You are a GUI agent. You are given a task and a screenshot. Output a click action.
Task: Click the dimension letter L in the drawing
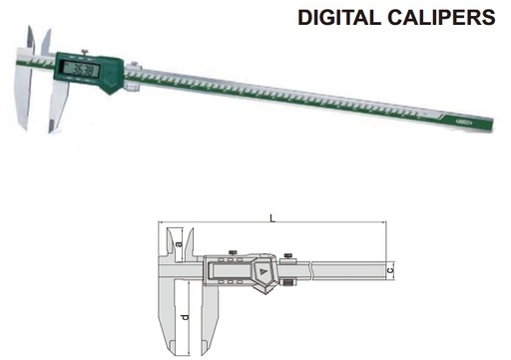[x=272, y=216]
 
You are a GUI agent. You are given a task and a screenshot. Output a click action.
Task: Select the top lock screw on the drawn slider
[x=231, y=250]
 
